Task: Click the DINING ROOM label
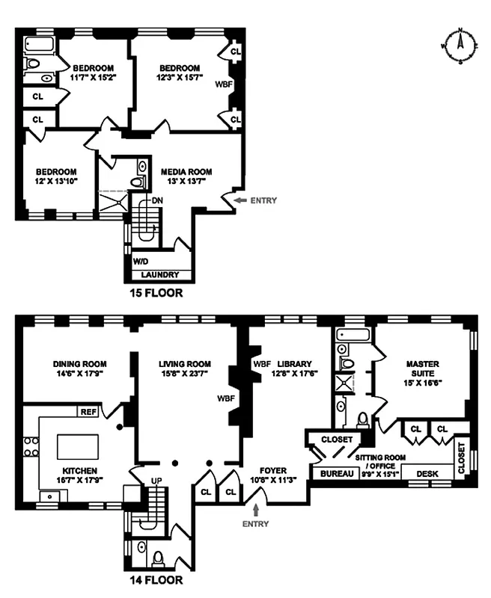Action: [x=71, y=358]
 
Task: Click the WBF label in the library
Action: [x=261, y=364]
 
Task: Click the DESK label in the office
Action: [x=427, y=472]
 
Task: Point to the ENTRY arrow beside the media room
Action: [x=239, y=200]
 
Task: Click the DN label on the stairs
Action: [x=157, y=200]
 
